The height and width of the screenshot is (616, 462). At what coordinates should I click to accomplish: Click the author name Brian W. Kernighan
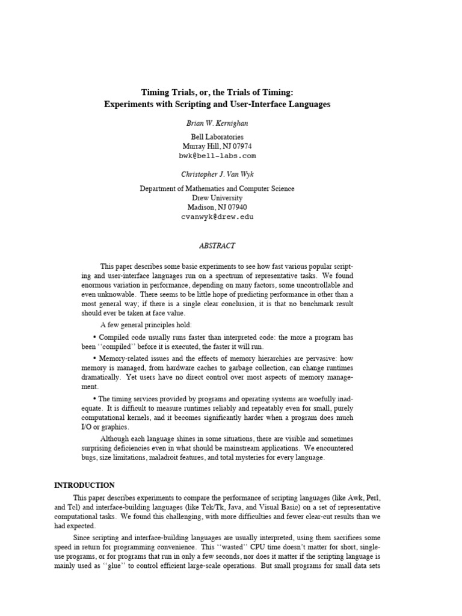[x=217, y=123]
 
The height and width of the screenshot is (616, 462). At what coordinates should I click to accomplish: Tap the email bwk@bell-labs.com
[x=217, y=155]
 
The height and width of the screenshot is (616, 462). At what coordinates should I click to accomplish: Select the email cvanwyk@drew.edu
[x=217, y=217]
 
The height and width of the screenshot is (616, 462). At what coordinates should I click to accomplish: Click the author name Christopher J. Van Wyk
[x=217, y=174]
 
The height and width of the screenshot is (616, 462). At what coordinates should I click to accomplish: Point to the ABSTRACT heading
[x=217, y=245]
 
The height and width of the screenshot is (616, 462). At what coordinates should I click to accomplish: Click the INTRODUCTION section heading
[x=84, y=485]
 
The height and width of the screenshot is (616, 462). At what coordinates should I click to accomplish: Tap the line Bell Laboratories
[x=217, y=137]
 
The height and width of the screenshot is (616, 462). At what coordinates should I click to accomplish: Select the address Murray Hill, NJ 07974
[x=217, y=146]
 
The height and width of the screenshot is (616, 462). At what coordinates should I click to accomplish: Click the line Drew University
[x=217, y=198]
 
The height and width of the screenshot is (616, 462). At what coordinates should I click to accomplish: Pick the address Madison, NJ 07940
[x=217, y=208]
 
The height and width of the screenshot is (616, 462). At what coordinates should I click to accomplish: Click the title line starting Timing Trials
[x=217, y=92]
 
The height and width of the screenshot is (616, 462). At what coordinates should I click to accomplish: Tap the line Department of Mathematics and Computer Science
[x=217, y=188]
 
